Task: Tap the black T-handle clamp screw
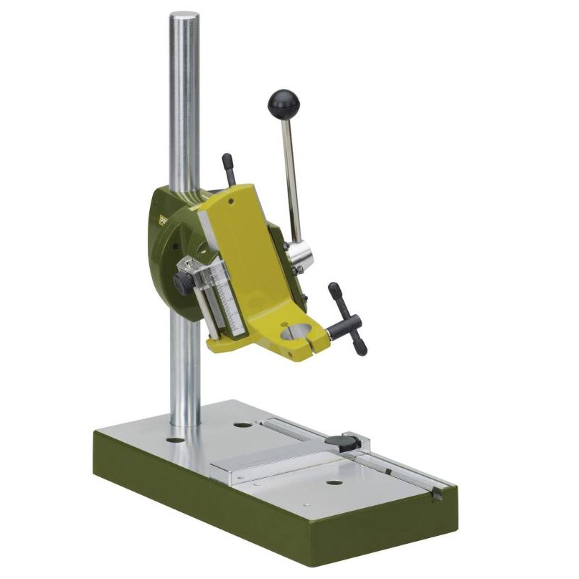coord(347,319)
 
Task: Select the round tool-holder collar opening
coord(300,331)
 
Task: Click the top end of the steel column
coord(184,16)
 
